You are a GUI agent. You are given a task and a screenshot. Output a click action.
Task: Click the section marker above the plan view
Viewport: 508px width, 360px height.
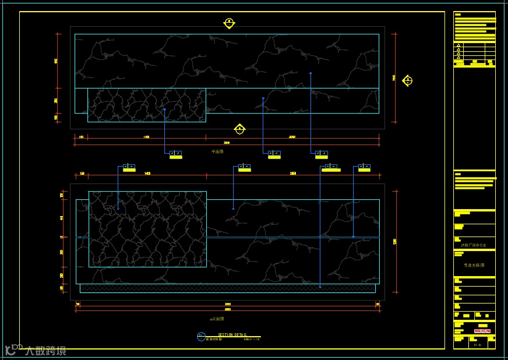pyautogui.click(x=229, y=23)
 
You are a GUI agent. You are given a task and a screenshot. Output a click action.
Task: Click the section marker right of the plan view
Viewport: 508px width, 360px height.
pyautogui.click(x=407, y=80)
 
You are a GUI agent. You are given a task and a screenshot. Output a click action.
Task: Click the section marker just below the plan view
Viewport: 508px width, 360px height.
pyautogui.click(x=239, y=129)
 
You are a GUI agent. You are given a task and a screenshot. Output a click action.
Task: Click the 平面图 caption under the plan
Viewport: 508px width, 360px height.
pyautogui.click(x=217, y=151)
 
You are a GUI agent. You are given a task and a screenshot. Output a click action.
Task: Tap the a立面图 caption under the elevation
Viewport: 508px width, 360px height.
pyautogui.click(x=217, y=319)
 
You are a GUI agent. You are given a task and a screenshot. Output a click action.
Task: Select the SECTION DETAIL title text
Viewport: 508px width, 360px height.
pyautogui.click(x=232, y=335)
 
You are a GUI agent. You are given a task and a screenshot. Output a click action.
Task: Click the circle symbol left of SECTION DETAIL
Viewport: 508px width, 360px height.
pyautogui.click(x=202, y=337)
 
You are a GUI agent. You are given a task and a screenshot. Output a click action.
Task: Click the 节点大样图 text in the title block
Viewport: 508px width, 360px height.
pyautogui.click(x=474, y=265)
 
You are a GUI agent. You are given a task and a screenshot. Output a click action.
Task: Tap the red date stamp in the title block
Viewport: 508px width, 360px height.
pyautogui.click(x=482, y=331)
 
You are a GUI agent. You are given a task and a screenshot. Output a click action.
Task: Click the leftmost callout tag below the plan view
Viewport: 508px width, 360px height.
pyautogui.click(x=175, y=154)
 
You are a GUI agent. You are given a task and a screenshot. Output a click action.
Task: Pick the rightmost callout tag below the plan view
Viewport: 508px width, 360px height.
pyautogui.click(x=322, y=154)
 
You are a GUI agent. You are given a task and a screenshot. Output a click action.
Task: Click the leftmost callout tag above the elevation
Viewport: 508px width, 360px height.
pyautogui.click(x=129, y=168)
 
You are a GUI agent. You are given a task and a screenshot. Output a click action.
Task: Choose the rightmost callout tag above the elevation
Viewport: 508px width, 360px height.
pyautogui.click(x=364, y=168)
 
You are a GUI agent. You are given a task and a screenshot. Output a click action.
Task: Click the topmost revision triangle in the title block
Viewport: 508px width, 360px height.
pyautogui.click(x=458, y=45)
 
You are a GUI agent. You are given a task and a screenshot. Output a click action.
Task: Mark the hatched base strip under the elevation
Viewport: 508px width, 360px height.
pyautogui.click(x=227, y=288)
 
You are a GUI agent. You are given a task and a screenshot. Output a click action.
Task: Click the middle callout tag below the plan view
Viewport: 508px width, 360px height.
pyautogui.click(x=274, y=154)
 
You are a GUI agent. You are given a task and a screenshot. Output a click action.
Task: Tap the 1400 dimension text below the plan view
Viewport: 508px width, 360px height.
pyautogui.click(x=146, y=137)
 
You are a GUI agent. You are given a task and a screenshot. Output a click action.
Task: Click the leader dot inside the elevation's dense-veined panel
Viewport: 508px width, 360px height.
pyautogui.click(x=118, y=208)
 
